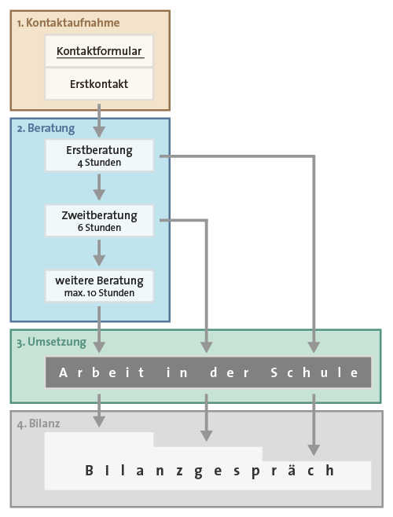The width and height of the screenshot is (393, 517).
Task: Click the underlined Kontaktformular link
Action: pyautogui.click(x=99, y=51)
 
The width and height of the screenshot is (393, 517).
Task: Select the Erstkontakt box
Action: pyautogui.click(x=99, y=84)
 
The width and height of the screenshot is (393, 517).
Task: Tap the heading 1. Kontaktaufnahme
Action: pyautogui.click(x=68, y=23)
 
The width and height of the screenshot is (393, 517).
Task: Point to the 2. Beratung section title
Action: pyautogui.click(x=46, y=128)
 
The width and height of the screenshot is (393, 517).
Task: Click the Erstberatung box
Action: pyautogui.click(x=99, y=156)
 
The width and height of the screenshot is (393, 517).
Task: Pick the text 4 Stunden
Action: pyautogui.click(x=99, y=163)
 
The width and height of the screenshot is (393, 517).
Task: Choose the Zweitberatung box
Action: pyautogui.click(x=99, y=221)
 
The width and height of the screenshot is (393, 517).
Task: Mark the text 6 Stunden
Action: pyautogui.click(x=99, y=228)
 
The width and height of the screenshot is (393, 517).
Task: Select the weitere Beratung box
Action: pyautogui.click(x=99, y=286)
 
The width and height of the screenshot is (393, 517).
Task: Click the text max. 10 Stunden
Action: pyautogui.click(x=99, y=293)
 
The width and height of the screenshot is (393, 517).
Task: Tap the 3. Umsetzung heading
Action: pyautogui.click(x=51, y=342)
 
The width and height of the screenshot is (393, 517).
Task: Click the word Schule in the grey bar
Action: pyautogui.click(x=314, y=372)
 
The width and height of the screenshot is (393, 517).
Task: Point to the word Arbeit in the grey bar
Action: pyautogui.click(x=101, y=372)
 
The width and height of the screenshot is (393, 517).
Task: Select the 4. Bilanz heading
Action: pyautogui.click(x=39, y=423)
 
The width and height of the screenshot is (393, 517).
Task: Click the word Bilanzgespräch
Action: pyautogui.click(x=210, y=471)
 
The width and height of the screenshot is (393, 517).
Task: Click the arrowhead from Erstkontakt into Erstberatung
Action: pyautogui.click(x=99, y=131)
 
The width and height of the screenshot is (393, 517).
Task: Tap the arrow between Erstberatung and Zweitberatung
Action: pyautogui.click(x=99, y=187)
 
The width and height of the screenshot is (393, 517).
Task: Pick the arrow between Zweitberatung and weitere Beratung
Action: pyautogui.click(x=99, y=253)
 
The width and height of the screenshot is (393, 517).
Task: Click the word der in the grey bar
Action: pyautogui.click(x=230, y=372)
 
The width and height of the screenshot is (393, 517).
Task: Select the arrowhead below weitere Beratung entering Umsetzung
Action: pyautogui.click(x=99, y=346)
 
